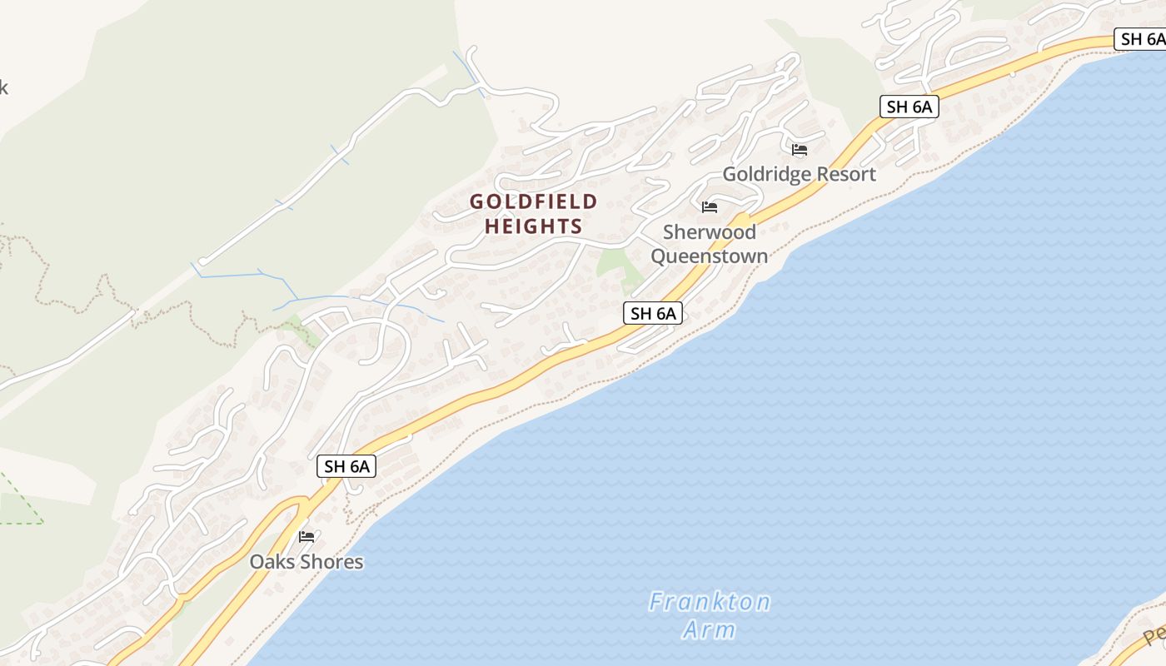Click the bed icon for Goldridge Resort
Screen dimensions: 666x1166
[x=800, y=150]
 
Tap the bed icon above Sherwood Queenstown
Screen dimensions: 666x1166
[x=710, y=207]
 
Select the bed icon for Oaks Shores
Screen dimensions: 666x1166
[x=306, y=537]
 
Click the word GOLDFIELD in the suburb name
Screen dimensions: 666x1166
[x=534, y=201]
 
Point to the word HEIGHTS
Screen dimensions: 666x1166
[x=534, y=226]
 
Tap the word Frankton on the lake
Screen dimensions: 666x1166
[x=710, y=601]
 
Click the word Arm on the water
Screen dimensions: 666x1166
[x=710, y=629]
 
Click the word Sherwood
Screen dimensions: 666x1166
[x=710, y=232]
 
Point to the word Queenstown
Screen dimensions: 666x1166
[x=710, y=256]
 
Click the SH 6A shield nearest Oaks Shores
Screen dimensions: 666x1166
[x=346, y=466]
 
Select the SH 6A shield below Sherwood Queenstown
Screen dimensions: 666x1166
[x=653, y=313]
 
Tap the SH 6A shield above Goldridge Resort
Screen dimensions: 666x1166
[x=909, y=107]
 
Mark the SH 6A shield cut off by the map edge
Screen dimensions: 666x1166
[x=1141, y=39]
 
